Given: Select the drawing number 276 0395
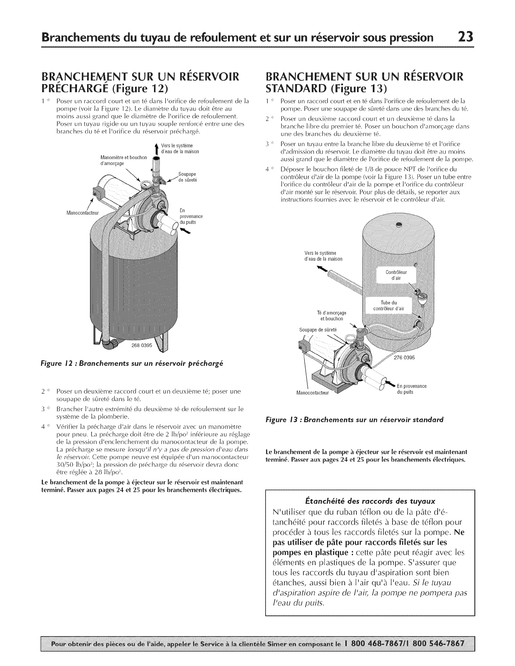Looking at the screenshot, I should coord(404,358).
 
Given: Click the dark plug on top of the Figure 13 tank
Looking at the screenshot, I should coord(398,226).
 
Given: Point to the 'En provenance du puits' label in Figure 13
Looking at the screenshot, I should coord(411,389).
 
